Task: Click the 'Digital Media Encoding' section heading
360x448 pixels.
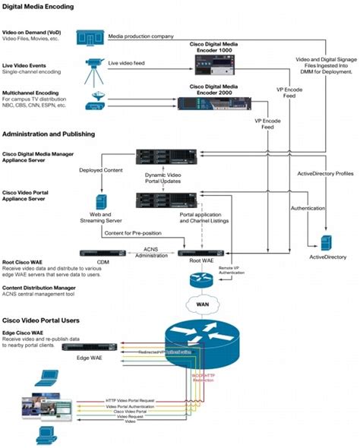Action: [39, 7]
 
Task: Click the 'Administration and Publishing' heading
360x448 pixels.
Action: [48, 134]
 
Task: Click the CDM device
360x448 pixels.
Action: [103, 252]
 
